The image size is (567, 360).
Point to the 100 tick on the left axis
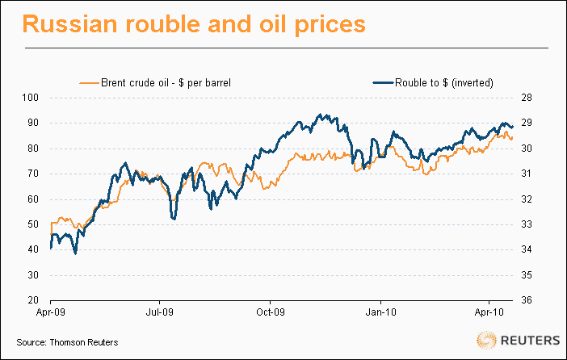click(x=31, y=98)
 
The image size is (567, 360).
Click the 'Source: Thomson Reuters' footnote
click(x=67, y=343)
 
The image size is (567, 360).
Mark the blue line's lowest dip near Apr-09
click(x=75, y=253)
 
